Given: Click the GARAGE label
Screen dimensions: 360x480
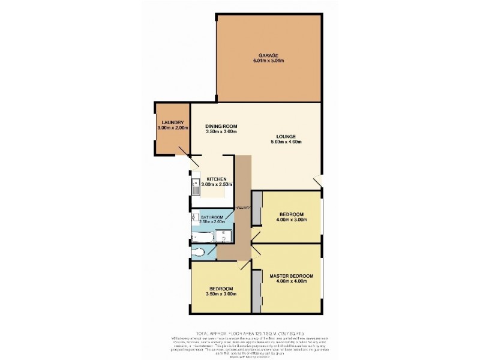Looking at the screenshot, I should (268, 55).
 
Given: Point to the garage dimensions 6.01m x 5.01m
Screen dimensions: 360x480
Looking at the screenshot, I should (268, 61).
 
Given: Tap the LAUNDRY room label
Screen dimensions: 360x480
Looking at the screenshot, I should (172, 122).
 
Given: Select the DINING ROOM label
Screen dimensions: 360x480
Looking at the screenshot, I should (221, 126).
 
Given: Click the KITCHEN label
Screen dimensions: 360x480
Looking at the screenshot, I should (216, 179).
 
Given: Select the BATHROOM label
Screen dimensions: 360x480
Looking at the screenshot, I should (212, 217).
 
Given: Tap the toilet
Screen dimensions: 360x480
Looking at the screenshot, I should (199, 253).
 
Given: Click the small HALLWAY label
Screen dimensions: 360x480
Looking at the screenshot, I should (241, 207).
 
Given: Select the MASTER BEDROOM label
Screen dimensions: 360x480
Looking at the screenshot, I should (291, 276).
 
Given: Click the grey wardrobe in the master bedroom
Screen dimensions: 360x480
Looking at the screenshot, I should (256, 291).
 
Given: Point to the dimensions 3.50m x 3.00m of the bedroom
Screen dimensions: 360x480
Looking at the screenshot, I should (221, 294).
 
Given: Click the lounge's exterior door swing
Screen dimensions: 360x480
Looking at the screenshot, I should (318, 181).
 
